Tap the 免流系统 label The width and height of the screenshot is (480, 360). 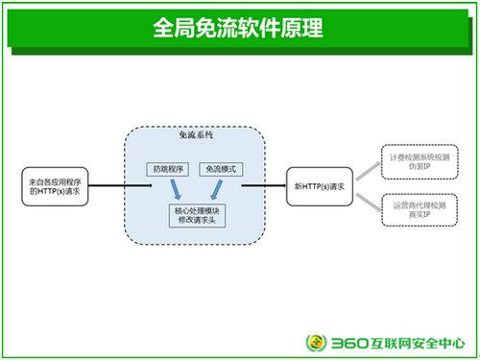[196, 137]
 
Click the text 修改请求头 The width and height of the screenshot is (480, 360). [196, 220]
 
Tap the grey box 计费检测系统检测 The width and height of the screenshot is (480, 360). [414, 157]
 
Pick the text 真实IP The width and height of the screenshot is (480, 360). [414, 217]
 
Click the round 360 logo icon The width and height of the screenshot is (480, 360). [317, 341]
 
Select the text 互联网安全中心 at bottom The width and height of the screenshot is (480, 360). [420, 341]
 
